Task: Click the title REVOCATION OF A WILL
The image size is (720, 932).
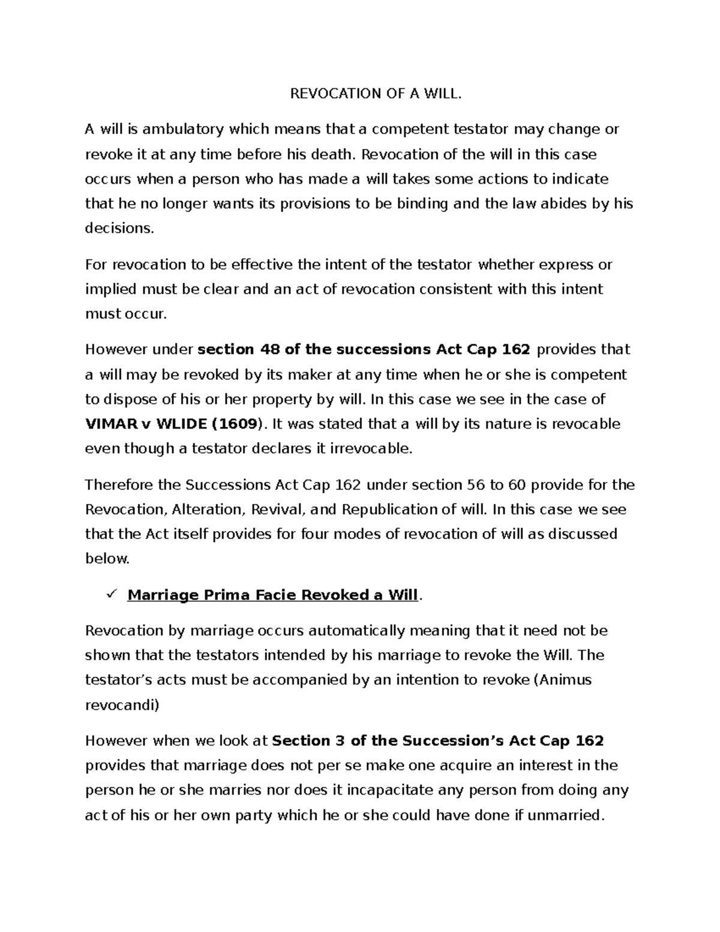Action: [x=377, y=94]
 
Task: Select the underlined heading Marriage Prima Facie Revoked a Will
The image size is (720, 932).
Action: [x=272, y=595]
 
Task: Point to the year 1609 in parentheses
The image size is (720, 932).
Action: [x=236, y=424]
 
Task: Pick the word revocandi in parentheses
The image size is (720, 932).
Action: [x=122, y=705]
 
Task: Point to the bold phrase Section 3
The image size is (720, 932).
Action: [x=308, y=741]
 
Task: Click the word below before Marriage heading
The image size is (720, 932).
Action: [x=107, y=559]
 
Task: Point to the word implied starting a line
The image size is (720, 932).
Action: [x=111, y=289]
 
